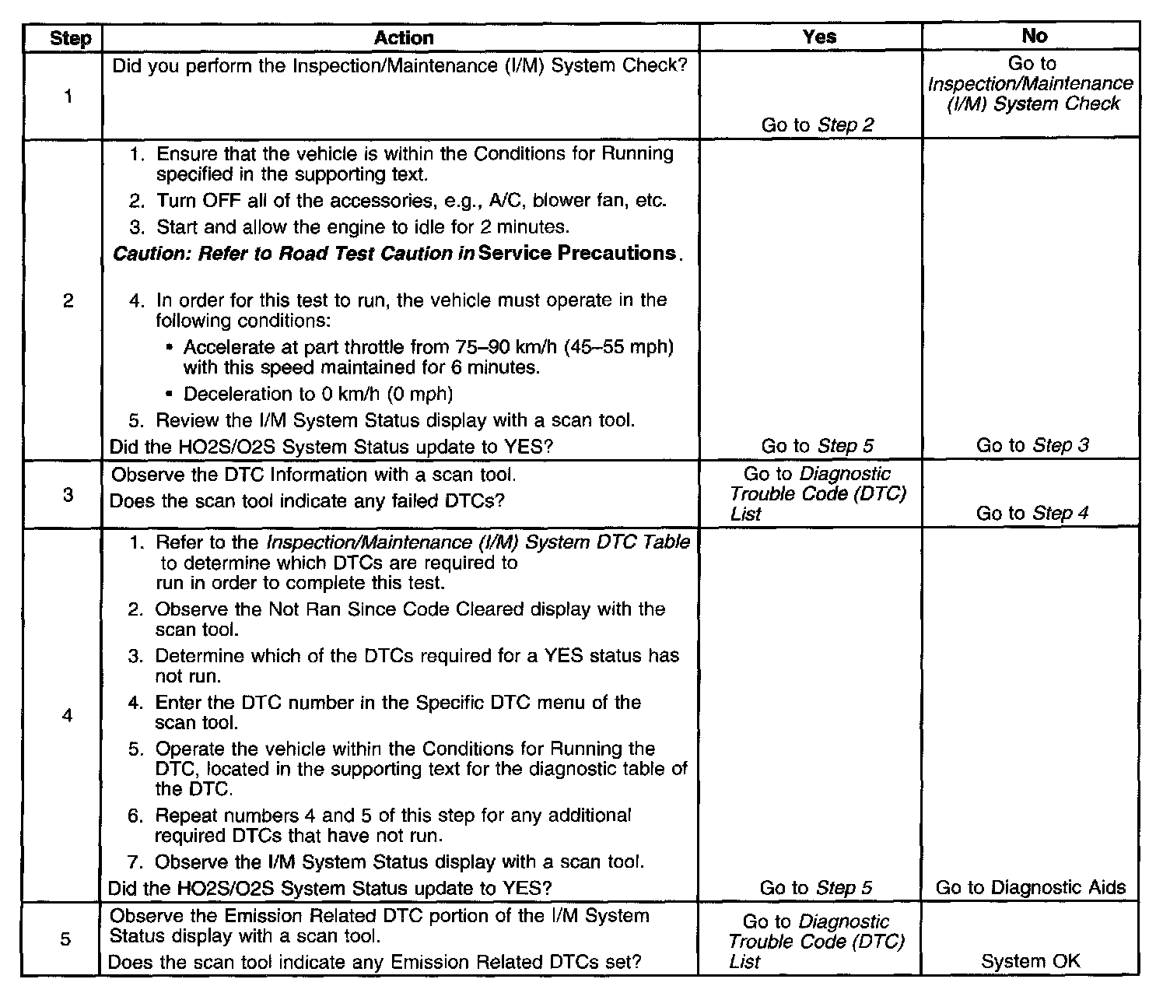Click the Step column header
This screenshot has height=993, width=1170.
click(70, 38)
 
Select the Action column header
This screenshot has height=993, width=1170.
click(403, 37)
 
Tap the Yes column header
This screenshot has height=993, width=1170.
click(818, 37)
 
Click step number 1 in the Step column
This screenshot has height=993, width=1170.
click(68, 96)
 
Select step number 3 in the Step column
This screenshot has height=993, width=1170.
click(68, 494)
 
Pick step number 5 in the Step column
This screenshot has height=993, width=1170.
click(66, 939)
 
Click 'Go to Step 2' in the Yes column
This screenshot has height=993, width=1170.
click(818, 125)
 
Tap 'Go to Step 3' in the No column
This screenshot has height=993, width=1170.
click(1032, 446)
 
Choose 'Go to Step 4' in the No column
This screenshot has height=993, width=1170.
click(1032, 513)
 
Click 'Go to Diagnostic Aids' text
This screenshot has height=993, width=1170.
click(1031, 888)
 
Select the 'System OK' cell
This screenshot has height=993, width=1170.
click(1031, 961)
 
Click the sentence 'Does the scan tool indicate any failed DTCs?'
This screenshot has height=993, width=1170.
click(307, 501)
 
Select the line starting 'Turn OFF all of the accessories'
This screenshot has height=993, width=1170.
click(411, 201)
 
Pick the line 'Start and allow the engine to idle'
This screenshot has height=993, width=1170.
click(363, 227)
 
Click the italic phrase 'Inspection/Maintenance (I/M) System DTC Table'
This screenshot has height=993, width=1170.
click(478, 542)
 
